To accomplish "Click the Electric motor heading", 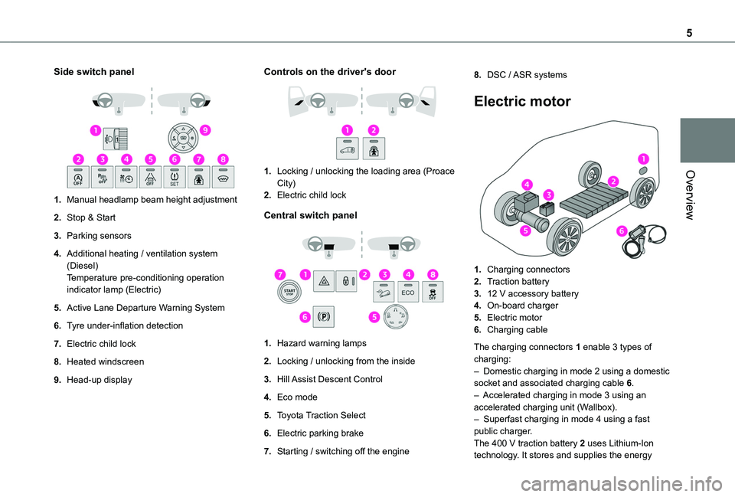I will click(x=522, y=102).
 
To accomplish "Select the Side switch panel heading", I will click(x=93, y=72).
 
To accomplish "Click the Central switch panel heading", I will click(x=310, y=216).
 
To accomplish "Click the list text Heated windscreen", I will click(x=100, y=361).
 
